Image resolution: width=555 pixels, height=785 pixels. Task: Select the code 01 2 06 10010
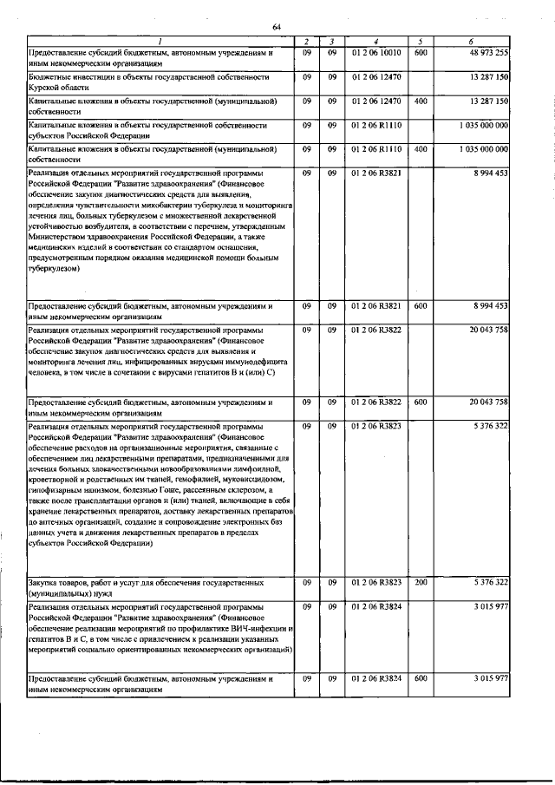pyautogui.click(x=376, y=53)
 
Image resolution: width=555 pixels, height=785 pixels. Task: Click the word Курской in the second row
pyautogui.click(x=47, y=88)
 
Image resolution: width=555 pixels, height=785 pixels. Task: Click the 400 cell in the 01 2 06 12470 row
pyautogui.click(x=420, y=101)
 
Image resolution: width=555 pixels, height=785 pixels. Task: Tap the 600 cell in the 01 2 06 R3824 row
pyautogui.click(x=420, y=677)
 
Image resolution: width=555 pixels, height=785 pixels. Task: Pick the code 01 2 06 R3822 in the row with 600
pyautogui.click(x=376, y=402)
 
